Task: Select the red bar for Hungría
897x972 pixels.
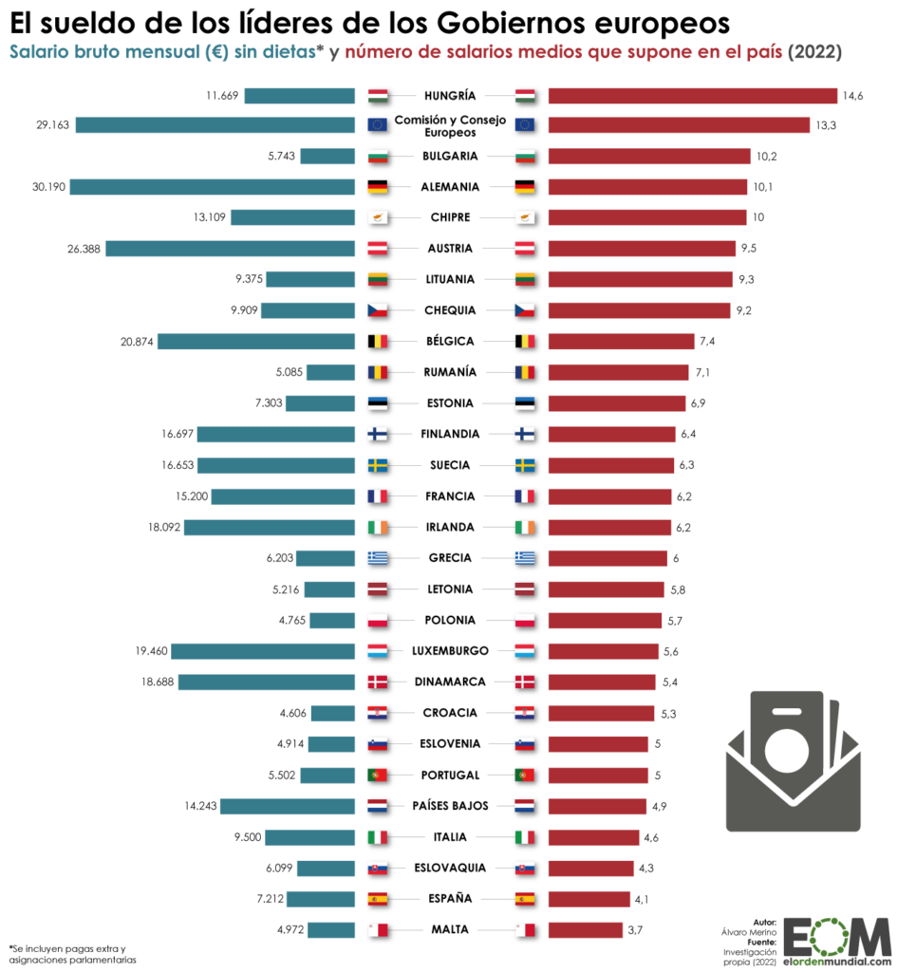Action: click(x=692, y=95)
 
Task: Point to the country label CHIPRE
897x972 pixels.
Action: click(x=450, y=217)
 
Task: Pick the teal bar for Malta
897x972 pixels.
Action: click(x=330, y=929)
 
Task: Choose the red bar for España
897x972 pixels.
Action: click(x=589, y=899)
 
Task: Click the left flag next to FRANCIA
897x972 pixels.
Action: click(x=378, y=496)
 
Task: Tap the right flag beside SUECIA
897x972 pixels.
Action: click(x=525, y=465)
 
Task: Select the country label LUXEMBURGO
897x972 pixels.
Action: click(x=450, y=651)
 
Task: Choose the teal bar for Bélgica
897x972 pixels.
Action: click(x=255, y=342)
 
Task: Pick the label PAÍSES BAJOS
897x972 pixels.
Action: click(x=450, y=806)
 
